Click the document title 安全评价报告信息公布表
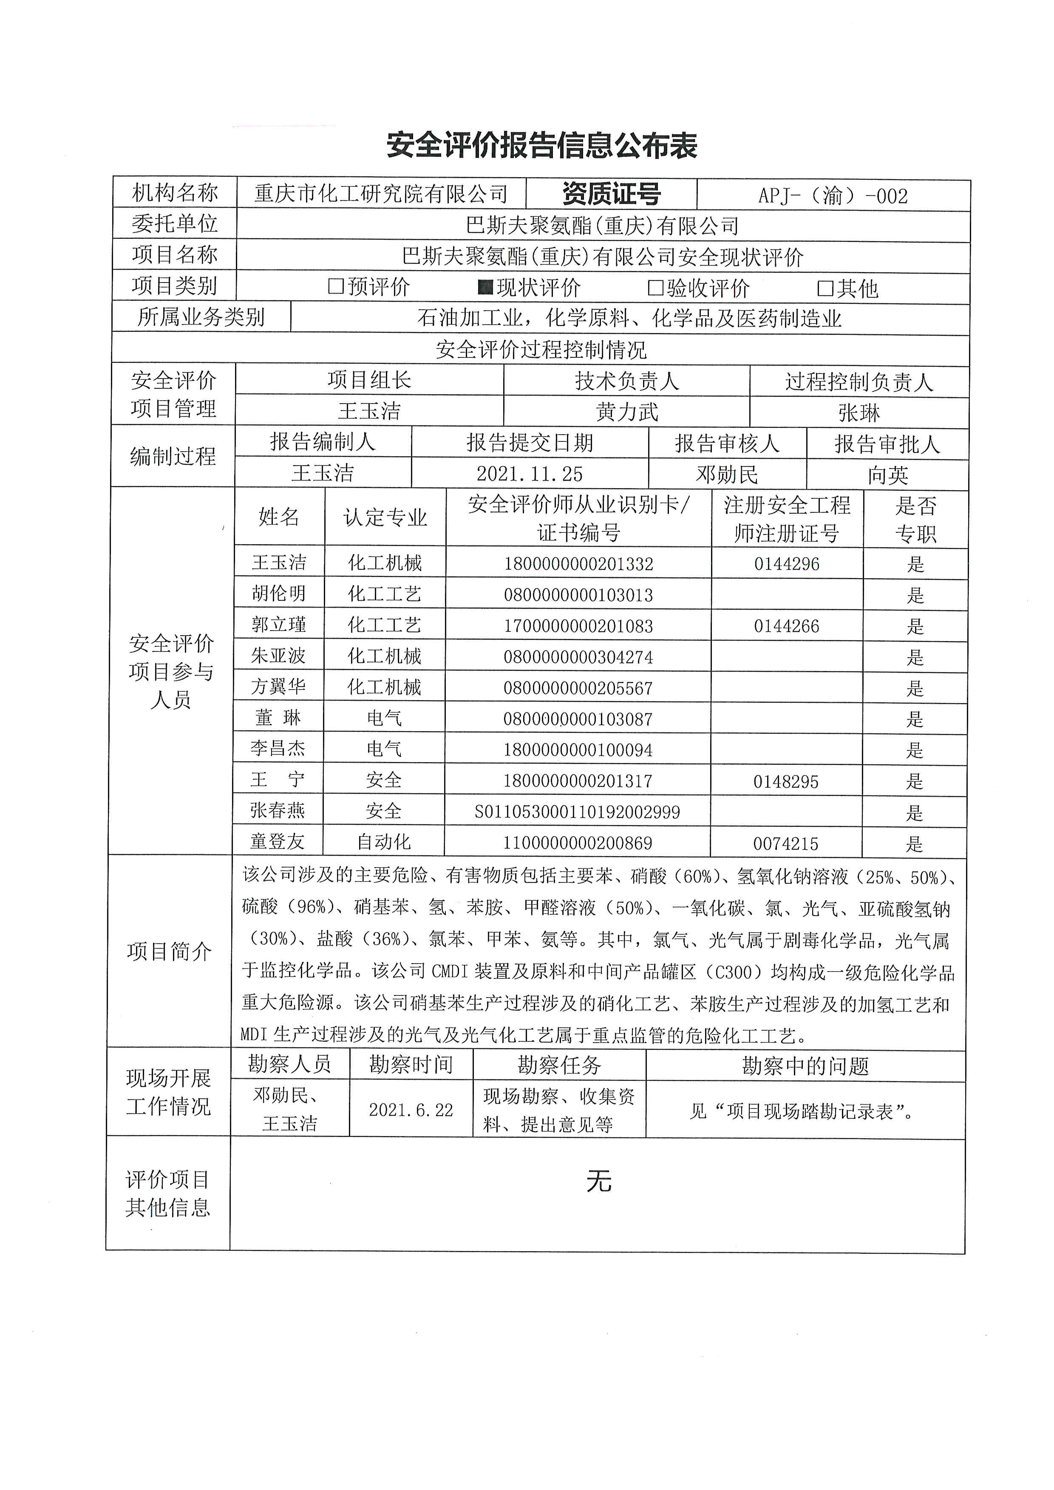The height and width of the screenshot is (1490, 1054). coord(541,145)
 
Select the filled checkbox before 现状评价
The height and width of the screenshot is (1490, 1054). coord(485,287)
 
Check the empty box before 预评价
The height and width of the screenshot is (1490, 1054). coord(336,286)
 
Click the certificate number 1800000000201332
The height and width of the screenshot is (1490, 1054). coord(578,564)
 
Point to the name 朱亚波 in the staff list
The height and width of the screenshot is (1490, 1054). coord(278,656)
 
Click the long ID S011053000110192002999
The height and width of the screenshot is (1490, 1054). coord(578,812)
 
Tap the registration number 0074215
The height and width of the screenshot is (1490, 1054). coord(786,844)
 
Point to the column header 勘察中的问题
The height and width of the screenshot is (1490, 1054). coord(805,1066)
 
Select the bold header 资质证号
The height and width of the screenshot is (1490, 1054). coord(612,194)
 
